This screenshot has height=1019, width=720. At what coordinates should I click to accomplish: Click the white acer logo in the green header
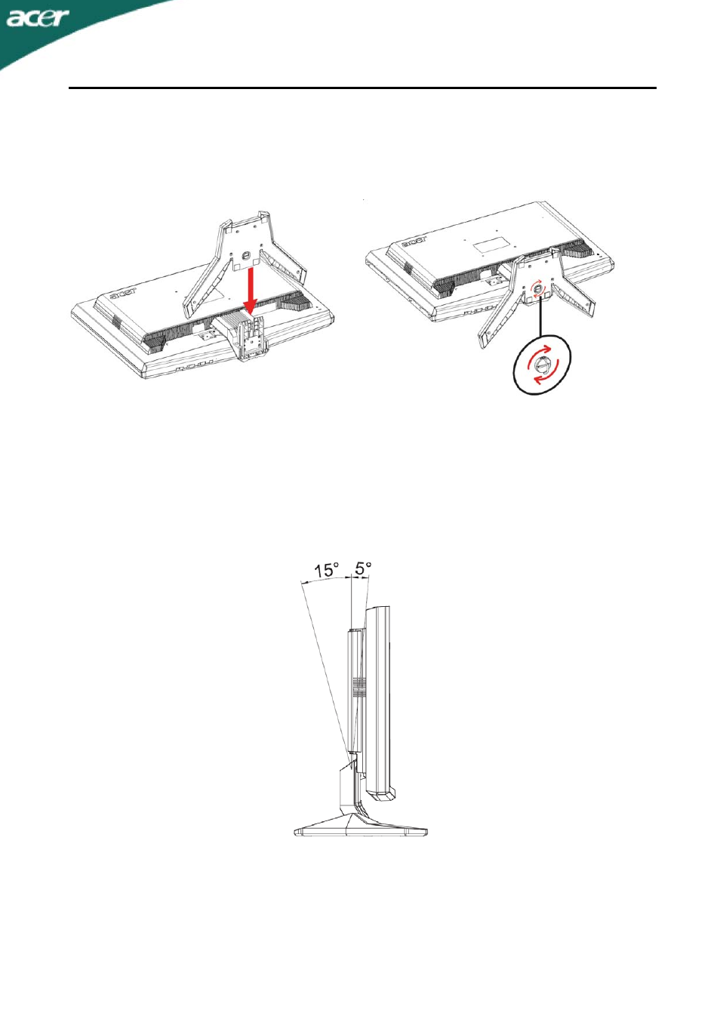38,18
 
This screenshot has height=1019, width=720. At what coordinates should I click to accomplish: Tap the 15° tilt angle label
327,570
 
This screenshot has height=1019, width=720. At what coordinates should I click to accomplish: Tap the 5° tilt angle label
364,568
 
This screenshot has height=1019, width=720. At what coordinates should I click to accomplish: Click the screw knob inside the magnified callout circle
542,364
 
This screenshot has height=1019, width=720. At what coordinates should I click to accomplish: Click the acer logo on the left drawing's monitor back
123,294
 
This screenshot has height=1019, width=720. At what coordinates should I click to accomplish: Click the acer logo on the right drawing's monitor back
414,242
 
